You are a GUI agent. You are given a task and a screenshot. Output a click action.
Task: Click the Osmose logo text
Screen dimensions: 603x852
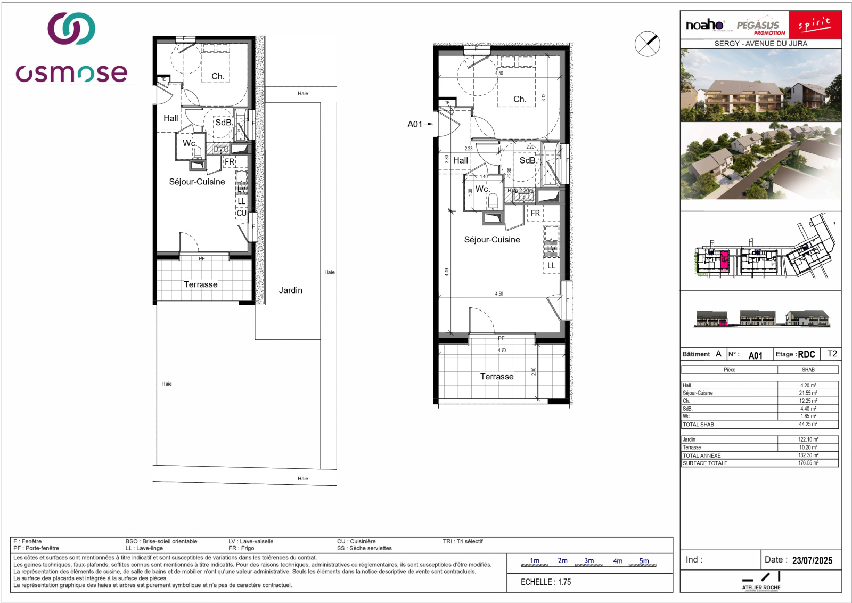pyautogui.click(x=71, y=74)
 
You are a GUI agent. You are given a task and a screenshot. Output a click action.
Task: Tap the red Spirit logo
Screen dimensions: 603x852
pyautogui.click(x=814, y=25)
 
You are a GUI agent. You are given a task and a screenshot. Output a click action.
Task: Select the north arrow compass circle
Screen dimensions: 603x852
pyautogui.click(x=647, y=44)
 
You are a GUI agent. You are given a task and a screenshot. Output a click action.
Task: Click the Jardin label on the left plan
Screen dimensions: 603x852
pyautogui.click(x=290, y=290)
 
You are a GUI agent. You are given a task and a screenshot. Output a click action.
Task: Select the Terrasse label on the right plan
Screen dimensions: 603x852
pyautogui.click(x=497, y=377)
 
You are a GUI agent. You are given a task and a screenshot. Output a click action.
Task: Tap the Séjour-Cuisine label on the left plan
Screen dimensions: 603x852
pyautogui.click(x=197, y=182)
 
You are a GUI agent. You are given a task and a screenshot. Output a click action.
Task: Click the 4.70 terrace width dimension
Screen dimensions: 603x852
pyautogui.click(x=502, y=351)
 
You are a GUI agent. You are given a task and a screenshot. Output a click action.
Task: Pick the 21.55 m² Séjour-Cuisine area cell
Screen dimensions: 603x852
pyautogui.click(x=808, y=393)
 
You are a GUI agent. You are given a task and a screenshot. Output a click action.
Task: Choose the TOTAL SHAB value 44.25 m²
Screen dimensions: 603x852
pyautogui.click(x=808, y=425)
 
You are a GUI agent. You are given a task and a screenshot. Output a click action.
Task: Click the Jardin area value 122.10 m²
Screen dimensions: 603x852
pyautogui.click(x=808, y=439)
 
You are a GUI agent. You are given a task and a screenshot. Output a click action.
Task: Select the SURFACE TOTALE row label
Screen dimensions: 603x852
pyautogui.click(x=705, y=463)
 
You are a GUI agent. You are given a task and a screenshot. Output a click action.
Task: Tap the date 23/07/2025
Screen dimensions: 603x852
pyautogui.click(x=812, y=560)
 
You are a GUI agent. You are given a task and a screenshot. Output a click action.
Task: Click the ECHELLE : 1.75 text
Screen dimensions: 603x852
pyautogui.click(x=546, y=582)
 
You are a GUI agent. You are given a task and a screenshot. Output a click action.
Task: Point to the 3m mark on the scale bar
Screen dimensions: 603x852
pyautogui.click(x=588, y=561)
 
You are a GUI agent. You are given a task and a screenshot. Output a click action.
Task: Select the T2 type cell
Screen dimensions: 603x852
pyautogui.click(x=832, y=354)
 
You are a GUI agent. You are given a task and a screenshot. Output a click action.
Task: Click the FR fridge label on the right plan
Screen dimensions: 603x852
pyautogui.click(x=535, y=213)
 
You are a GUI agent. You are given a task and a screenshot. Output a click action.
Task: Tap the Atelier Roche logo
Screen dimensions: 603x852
pyautogui.click(x=761, y=581)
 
